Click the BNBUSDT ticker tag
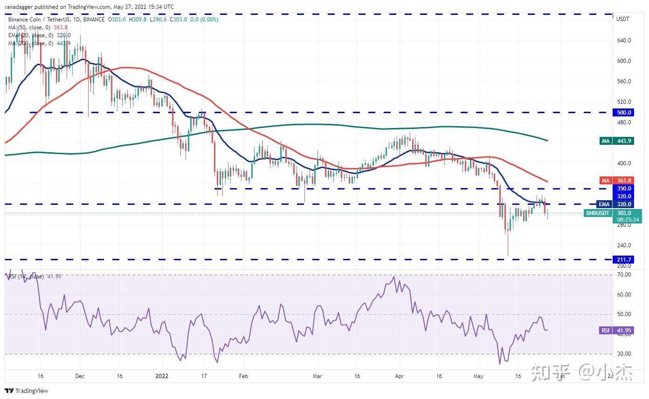coord(597,213)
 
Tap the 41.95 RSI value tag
coord(625,330)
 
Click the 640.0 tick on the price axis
coord(624,41)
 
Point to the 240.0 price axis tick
coord(624,245)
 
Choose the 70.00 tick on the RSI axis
coord(624,275)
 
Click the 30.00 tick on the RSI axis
coord(624,354)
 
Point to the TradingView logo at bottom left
coord(27,391)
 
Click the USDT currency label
coord(623,19)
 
